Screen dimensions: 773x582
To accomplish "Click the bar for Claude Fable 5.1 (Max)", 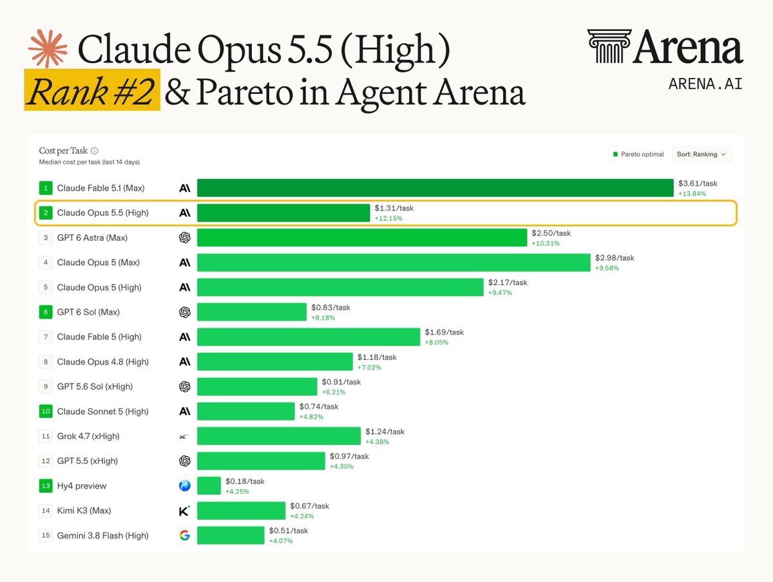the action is (x=435, y=187).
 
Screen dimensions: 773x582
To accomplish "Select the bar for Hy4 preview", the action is (x=209, y=485).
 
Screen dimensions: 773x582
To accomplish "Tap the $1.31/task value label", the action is (x=394, y=208).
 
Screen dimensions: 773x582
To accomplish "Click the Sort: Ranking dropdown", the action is (x=701, y=154).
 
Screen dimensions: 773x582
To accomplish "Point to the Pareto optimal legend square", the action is (x=615, y=154).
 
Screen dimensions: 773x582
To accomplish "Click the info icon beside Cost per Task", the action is (x=95, y=151).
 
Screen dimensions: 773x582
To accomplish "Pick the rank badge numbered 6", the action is (x=46, y=312).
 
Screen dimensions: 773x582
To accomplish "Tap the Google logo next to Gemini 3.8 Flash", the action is (x=184, y=535).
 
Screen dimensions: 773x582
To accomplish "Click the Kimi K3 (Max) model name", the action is (x=84, y=511).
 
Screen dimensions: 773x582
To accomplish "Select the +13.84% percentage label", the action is (x=692, y=194).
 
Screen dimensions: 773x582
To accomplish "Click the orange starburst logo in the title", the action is (x=48, y=48).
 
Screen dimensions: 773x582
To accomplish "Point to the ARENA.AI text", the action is (x=705, y=84).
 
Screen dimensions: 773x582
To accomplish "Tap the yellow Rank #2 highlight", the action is (x=92, y=89).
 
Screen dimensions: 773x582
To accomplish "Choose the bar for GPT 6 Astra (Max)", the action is (x=362, y=238).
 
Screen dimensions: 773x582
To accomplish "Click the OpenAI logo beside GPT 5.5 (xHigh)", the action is (x=184, y=460).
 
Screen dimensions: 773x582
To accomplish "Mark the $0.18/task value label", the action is (x=245, y=481).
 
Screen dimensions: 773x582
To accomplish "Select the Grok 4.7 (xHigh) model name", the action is (x=88, y=436).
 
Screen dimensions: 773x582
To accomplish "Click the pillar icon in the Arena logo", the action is (x=609, y=46).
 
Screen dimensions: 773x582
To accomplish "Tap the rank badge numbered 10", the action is (x=46, y=411).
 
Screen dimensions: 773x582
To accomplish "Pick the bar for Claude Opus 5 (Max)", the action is (x=394, y=262).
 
